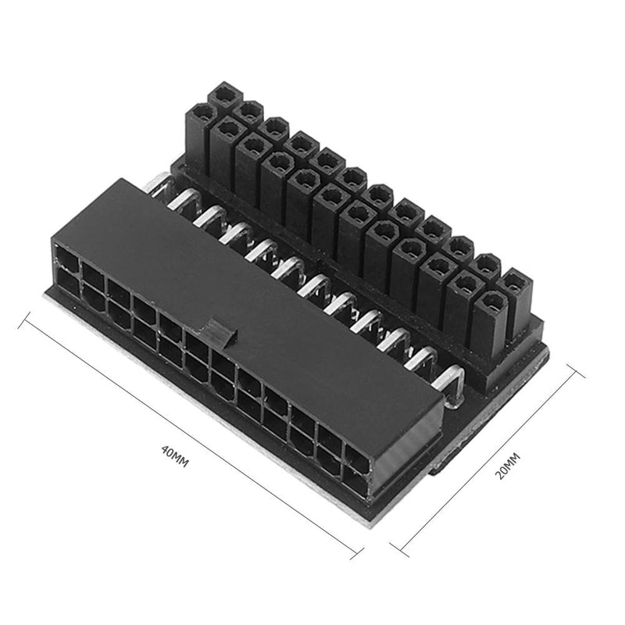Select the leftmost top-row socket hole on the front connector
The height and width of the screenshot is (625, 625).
pos(67,256)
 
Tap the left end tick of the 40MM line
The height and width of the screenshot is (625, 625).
pos(28,320)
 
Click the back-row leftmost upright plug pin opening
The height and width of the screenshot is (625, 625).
pos(225,93)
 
